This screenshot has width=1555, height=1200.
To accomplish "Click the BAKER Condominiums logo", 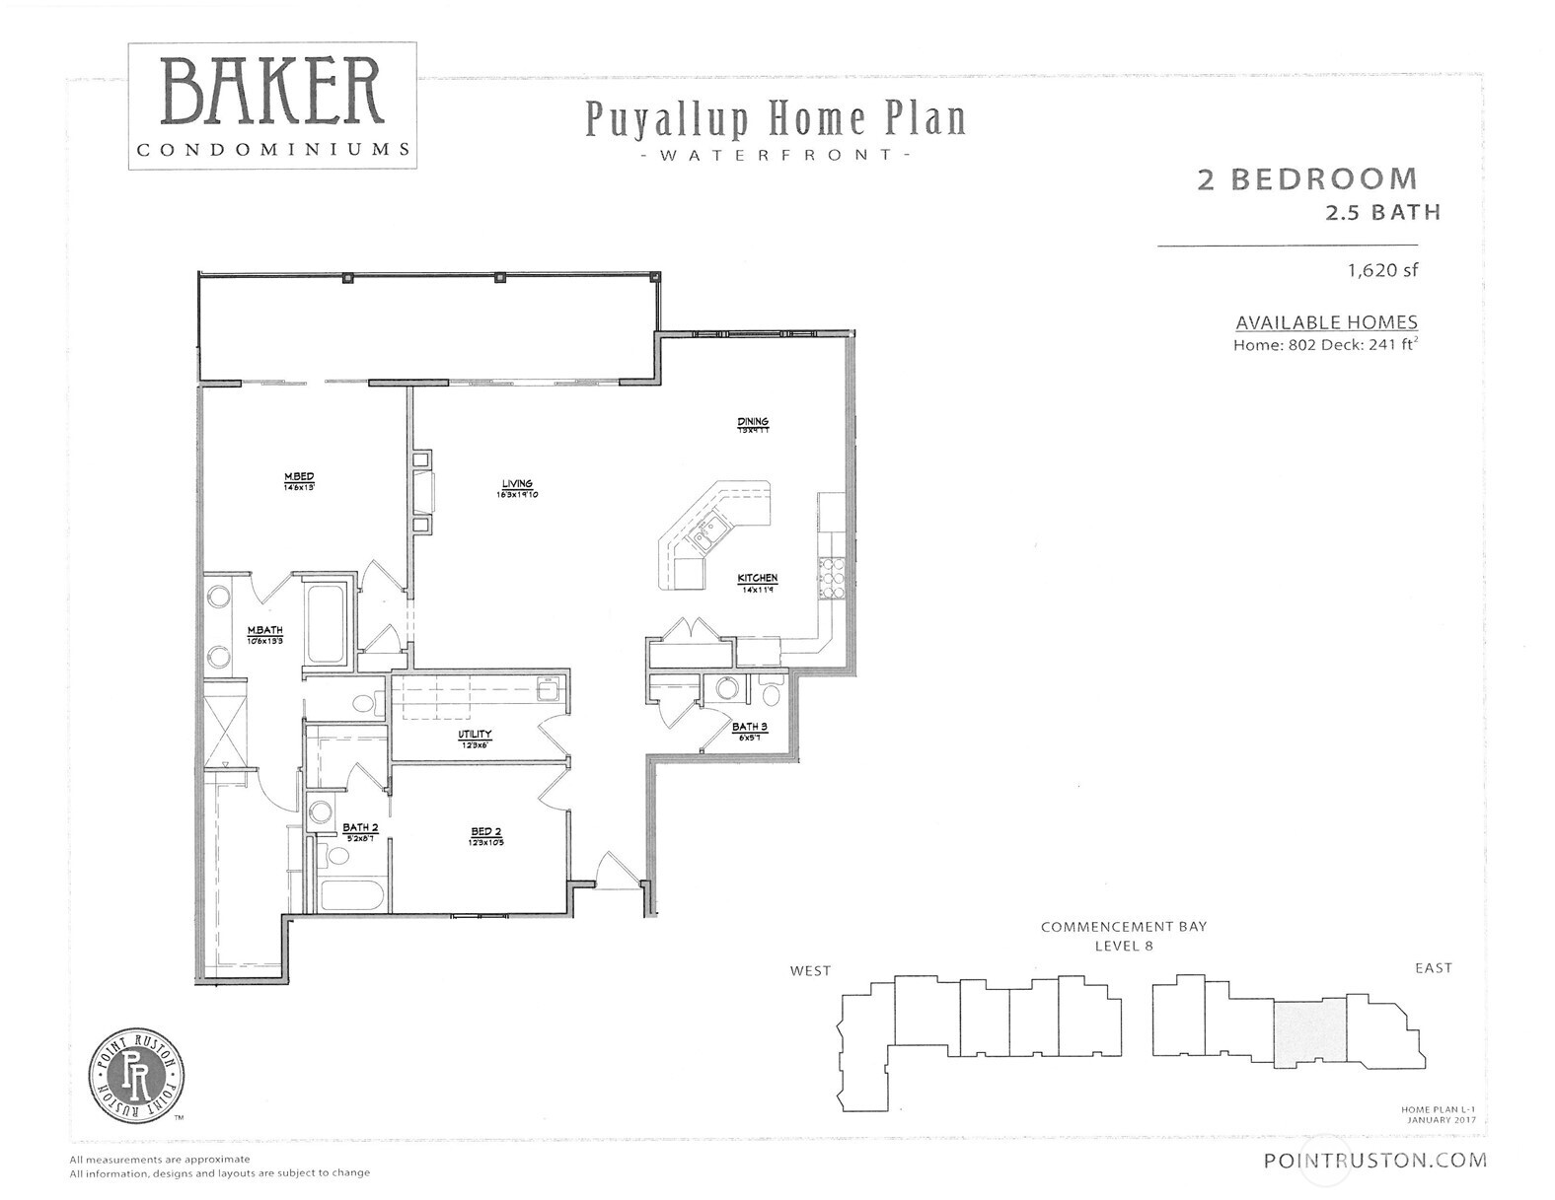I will pyautogui.click(x=271, y=106).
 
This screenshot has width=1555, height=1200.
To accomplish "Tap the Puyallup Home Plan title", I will pyautogui.click(x=776, y=119).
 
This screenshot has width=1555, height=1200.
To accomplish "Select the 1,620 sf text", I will pyautogui.click(x=1382, y=270).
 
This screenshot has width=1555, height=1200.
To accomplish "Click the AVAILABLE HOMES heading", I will pyautogui.click(x=1326, y=322).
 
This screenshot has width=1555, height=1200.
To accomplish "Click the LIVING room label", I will pyautogui.click(x=517, y=484).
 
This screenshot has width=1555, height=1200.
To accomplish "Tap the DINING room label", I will pyautogui.click(x=752, y=422).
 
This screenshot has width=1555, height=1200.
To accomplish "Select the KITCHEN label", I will pyautogui.click(x=758, y=579).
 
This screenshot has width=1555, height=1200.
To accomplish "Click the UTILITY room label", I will pyautogui.click(x=474, y=736).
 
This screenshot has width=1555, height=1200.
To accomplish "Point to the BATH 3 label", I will pyautogui.click(x=749, y=728).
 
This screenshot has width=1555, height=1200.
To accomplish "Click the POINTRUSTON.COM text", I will pyautogui.click(x=1374, y=1161).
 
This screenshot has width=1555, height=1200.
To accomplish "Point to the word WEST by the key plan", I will pyautogui.click(x=810, y=970).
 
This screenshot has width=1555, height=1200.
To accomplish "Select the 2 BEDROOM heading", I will pyautogui.click(x=1306, y=179).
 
